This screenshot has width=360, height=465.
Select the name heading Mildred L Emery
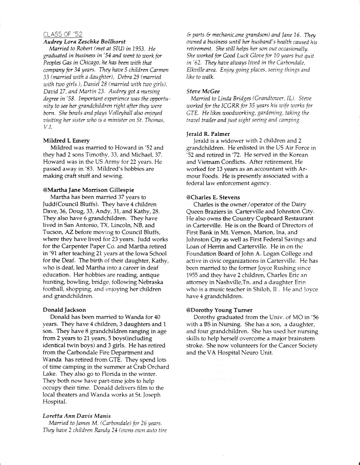67,140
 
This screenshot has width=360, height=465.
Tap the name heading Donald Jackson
64,310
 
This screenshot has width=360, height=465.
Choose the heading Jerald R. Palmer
208,134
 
